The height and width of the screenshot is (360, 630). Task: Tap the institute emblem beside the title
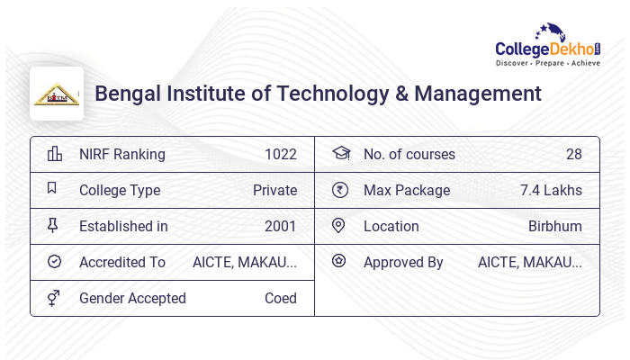pyautogui.click(x=57, y=94)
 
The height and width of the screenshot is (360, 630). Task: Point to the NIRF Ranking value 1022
pyautogui.click(x=280, y=154)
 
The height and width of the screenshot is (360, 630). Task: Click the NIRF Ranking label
pyautogui.click(x=122, y=154)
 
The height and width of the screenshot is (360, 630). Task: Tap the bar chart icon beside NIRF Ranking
pyautogui.click(x=54, y=154)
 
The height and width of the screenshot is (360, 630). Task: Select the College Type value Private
pyautogui.click(x=274, y=190)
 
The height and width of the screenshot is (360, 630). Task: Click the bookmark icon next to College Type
pyautogui.click(x=53, y=190)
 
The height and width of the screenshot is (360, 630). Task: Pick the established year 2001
pyautogui.click(x=280, y=226)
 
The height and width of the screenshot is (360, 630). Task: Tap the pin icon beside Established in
pyautogui.click(x=53, y=226)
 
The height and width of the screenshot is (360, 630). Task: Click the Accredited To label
pyautogui.click(x=122, y=262)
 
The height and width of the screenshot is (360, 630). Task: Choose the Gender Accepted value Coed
pyautogui.click(x=280, y=298)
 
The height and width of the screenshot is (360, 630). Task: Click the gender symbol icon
pyautogui.click(x=53, y=298)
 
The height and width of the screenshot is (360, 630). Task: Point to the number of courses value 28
pyautogui.click(x=573, y=154)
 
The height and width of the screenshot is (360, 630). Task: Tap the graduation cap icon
pyautogui.click(x=339, y=154)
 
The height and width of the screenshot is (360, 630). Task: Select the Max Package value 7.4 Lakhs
pyautogui.click(x=551, y=190)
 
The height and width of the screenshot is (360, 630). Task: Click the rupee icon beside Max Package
pyautogui.click(x=339, y=190)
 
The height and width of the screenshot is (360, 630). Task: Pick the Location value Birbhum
pyautogui.click(x=554, y=226)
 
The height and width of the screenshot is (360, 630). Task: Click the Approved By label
pyautogui.click(x=403, y=262)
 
